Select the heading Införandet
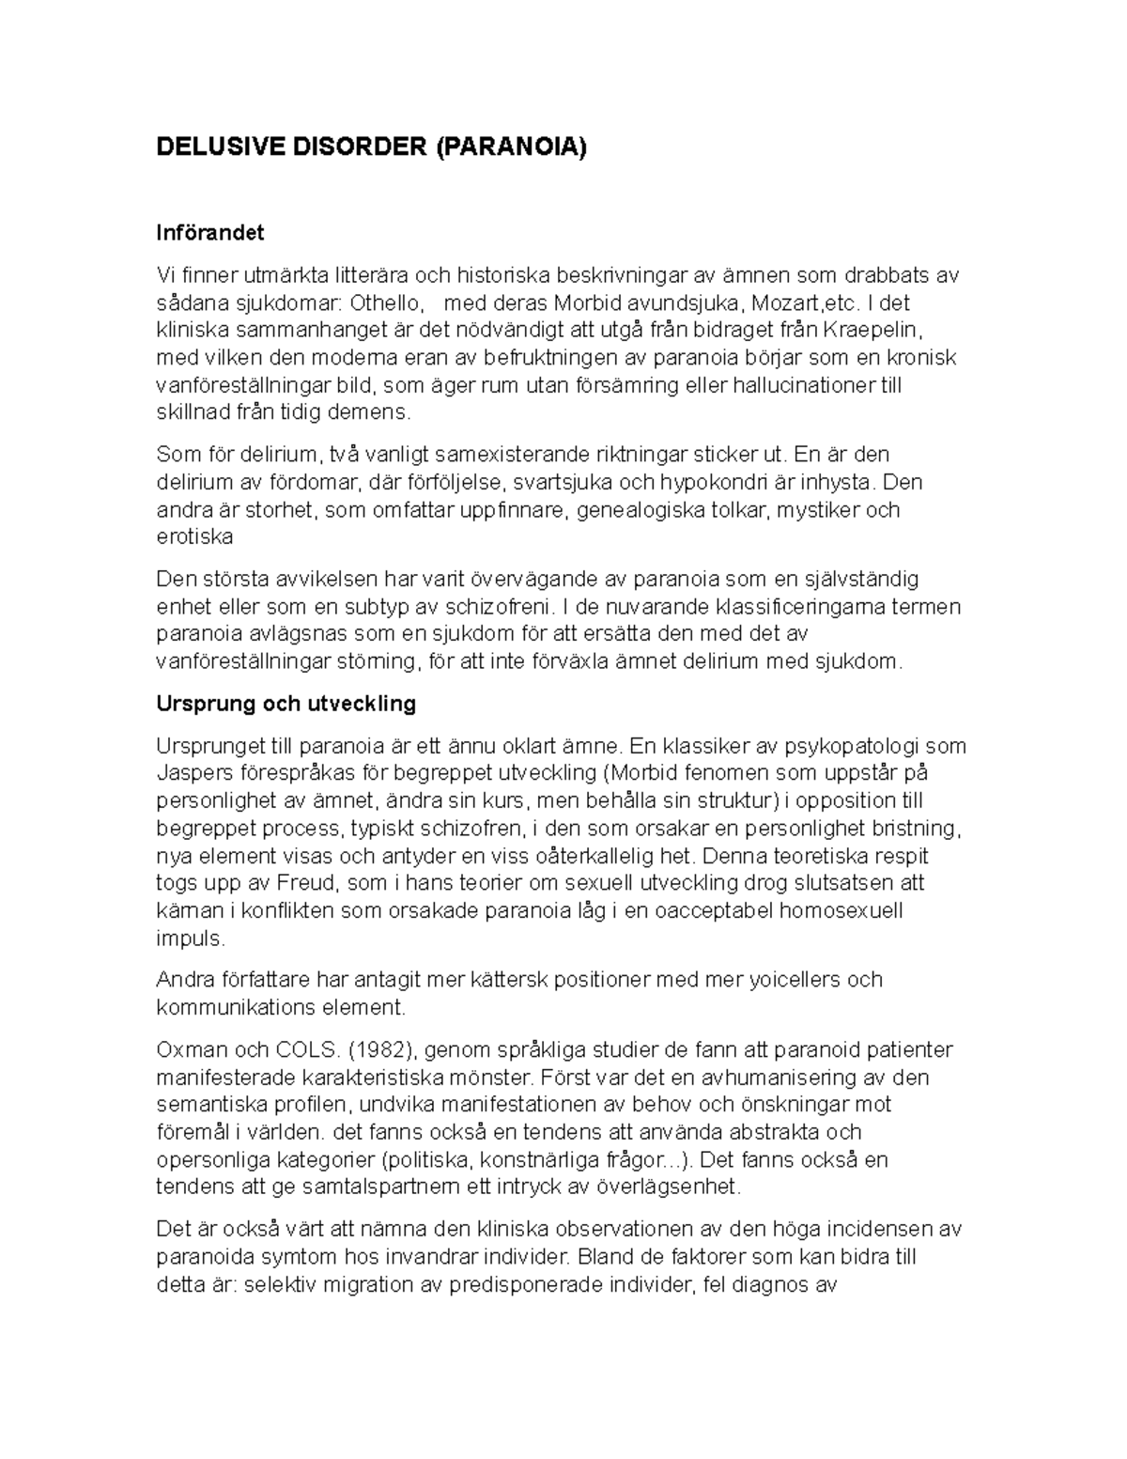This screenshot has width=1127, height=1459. [x=210, y=232]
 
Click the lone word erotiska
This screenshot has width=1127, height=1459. [x=194, y=537]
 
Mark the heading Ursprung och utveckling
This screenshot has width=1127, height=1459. [x=286, y=704]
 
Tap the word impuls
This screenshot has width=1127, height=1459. [x=190, y=939]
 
